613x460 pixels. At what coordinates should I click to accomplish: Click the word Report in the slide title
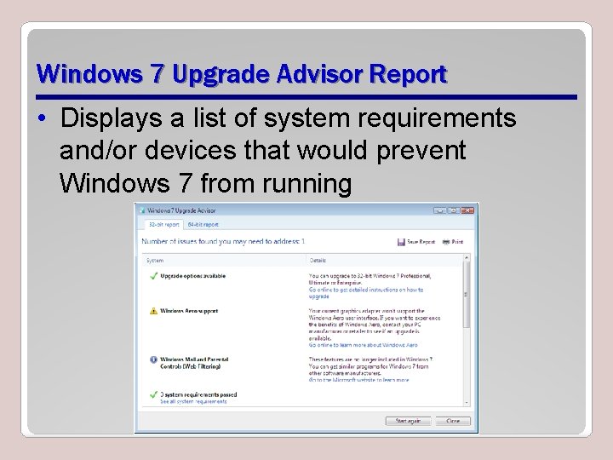point(405,74)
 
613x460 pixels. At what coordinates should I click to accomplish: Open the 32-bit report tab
point(164,224)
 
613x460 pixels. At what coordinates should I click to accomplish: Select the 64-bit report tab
point(203,224)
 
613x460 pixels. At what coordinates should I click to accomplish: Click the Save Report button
point(416,242)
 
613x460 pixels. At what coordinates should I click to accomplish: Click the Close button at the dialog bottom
point(452,421)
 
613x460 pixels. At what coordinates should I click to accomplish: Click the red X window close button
point(467,210)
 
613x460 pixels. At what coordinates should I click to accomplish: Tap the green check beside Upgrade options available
point(153,276)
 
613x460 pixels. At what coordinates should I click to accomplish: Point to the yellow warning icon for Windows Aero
point(153,312)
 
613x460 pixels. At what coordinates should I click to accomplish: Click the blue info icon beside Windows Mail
point(153,360)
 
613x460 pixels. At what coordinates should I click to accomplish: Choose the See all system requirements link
point(193,401)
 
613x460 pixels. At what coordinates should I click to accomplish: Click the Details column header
point(318,260)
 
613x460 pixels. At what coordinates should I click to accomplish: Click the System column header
point(155,260)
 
